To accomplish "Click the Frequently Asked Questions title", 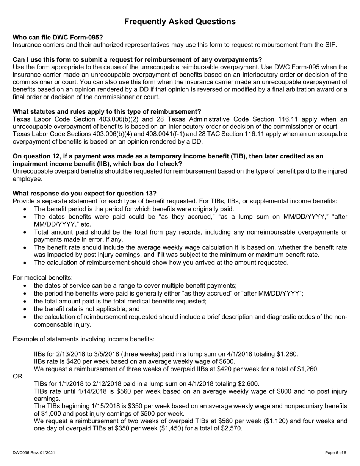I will [180, 22].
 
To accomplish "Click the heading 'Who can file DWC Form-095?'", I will [58, 37].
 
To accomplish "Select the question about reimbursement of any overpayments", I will [137, 59].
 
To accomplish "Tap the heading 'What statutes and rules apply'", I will [107, 111].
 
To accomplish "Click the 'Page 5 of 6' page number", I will [336, 452].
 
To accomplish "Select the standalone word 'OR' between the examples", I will [17, 376].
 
